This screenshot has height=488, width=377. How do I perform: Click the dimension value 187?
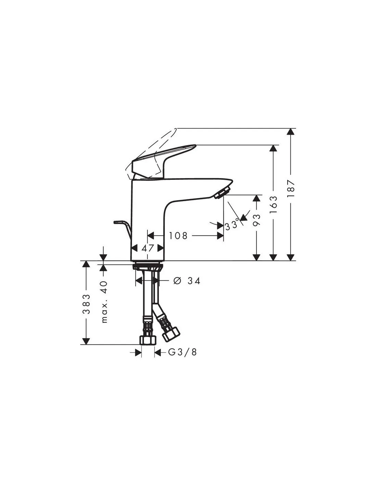point(291,188)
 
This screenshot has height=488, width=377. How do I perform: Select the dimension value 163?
point(273,205)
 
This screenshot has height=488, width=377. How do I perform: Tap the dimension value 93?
point(257,220)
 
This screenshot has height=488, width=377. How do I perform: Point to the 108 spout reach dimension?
point(178,236)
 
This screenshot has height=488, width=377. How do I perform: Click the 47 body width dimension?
point(148,248)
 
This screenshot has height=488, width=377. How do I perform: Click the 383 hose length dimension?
point(86,304)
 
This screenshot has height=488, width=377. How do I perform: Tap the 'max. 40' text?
point(105,302)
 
